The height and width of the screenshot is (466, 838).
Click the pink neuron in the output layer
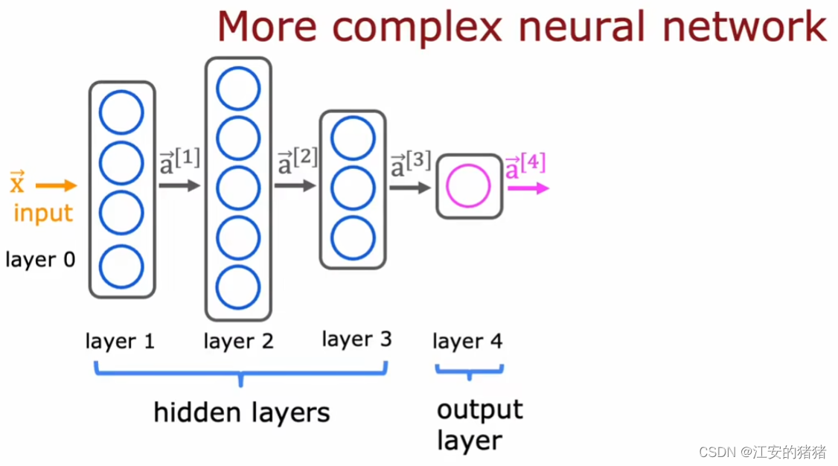point(468,186)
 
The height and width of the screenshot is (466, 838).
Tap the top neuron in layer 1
point(121,112)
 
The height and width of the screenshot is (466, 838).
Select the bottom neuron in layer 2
point(238,287)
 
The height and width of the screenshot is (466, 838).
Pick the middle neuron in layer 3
point(353,190)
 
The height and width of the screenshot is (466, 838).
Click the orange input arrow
point(57,185)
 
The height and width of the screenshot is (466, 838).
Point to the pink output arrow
point(528,189)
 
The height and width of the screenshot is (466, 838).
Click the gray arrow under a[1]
point(179,185)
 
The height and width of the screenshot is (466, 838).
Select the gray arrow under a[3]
point(410,188)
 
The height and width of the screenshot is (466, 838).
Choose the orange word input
point(43,214)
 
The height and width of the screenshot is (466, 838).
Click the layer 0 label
point(40,260)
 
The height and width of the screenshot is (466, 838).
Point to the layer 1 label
point(120,342)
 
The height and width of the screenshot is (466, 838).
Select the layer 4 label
point(467,342)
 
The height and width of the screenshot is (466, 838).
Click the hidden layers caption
point(241,412)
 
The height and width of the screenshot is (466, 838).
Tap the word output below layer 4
point(480,409)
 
